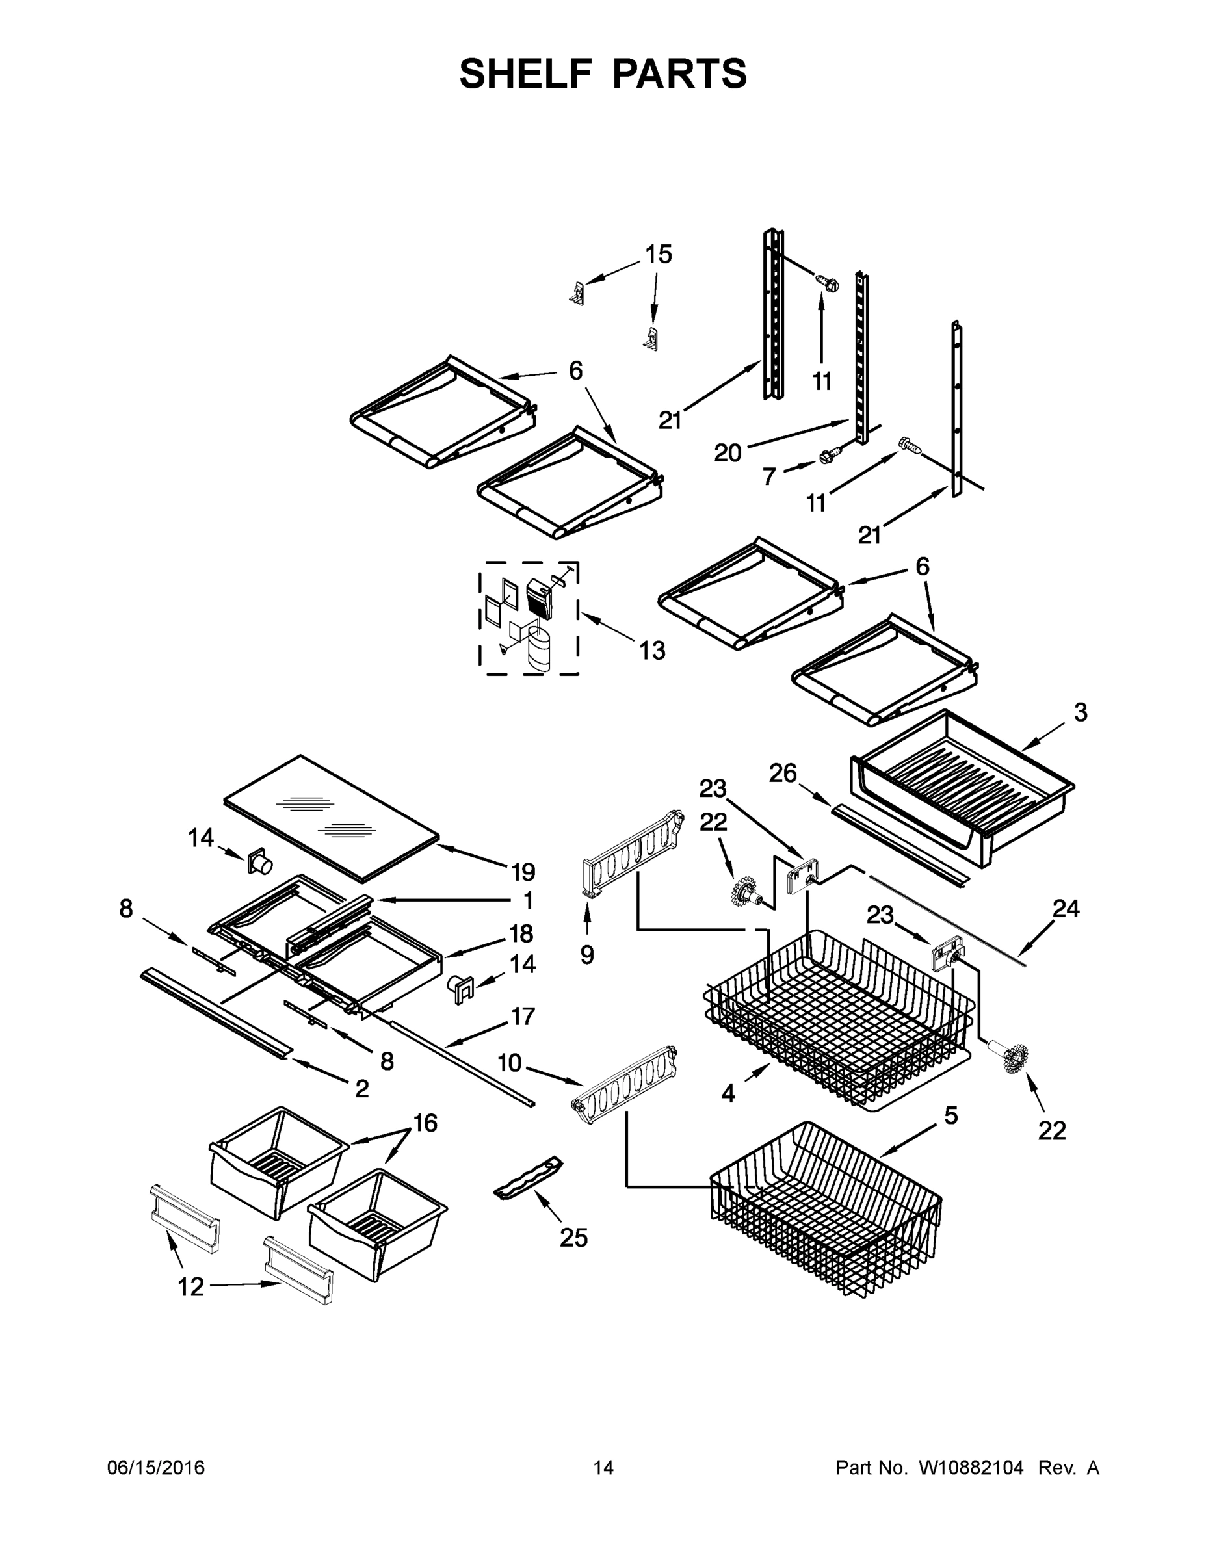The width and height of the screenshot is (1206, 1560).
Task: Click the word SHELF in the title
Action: tap(525, 73)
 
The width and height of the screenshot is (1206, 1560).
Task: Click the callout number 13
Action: tap(652, 651)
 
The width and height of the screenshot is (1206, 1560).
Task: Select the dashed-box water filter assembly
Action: tap(529, 619)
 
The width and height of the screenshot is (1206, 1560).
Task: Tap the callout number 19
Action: tap(523, 872)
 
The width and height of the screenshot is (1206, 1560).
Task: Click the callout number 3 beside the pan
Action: tap(1081, 712)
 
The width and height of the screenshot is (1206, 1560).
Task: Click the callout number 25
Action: tap(573, 1238)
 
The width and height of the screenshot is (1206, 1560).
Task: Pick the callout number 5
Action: tap(951, 1115)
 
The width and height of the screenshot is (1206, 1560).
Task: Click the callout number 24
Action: tap(1066, 909)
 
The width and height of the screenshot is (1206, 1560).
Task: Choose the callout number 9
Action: tap(586, 955)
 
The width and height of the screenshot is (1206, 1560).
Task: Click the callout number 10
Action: tap(510, 1063)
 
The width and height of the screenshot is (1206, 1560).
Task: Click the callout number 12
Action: tap(190, 1287)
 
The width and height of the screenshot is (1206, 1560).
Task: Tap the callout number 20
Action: tap(728, 453)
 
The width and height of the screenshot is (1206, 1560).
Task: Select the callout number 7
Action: tap(768, 476)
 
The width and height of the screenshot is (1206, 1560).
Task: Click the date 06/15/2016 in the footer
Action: tap(156, 1468)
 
